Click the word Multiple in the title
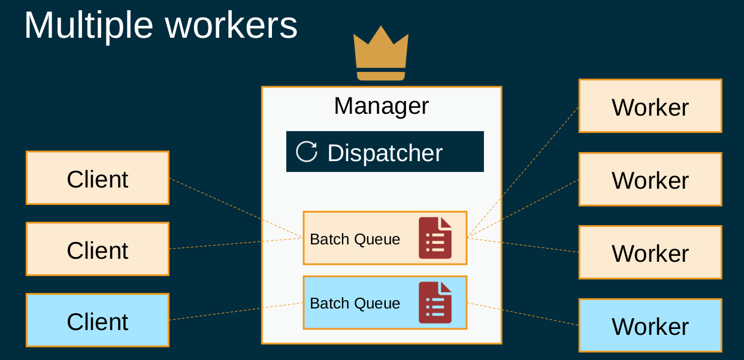[89, 25]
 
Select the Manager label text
[381, 106]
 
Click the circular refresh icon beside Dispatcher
[307, 152]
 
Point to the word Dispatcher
[385, 153]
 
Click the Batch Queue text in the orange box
[355, 239]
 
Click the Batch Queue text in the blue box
[355, 303]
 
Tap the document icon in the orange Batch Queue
[435, 238]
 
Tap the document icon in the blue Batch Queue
[435, 302]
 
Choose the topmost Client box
[98, 178]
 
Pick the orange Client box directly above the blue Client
[98, 249]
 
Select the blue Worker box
[650, 325]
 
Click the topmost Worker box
[650, 106]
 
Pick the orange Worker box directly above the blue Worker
[650, 252]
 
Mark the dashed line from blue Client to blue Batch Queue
[237, 311]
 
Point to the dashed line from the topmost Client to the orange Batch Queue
[237, 208]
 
